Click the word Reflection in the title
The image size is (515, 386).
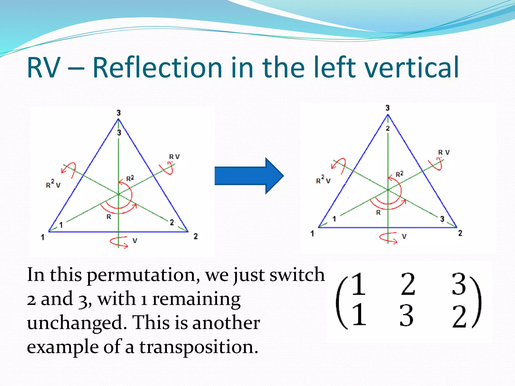pyautogui.click(x=157, y=67)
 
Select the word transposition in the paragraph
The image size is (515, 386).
pyautogui.click(x=199, y=347)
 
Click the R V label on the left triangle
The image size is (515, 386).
pyautogui.click(x=174, y=157)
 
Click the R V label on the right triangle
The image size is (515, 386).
pyautogui.click(x=444, y=152)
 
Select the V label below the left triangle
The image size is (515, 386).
pyautogui.click(x=135, y=241)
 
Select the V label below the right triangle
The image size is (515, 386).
pyautogui.click(x=404, y=236)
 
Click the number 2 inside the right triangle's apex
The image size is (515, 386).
pyautogui.click(x=388, y=128)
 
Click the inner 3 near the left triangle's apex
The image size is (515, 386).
pyautogui.click(x=119, y=133)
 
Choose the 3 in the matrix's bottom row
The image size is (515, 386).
pyautogui.click(x=406, y=315)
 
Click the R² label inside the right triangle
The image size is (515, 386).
pyautogui.click(x=400, y=174)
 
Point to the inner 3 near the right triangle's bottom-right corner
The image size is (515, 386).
pyautogui.click(x=442, y=219)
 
